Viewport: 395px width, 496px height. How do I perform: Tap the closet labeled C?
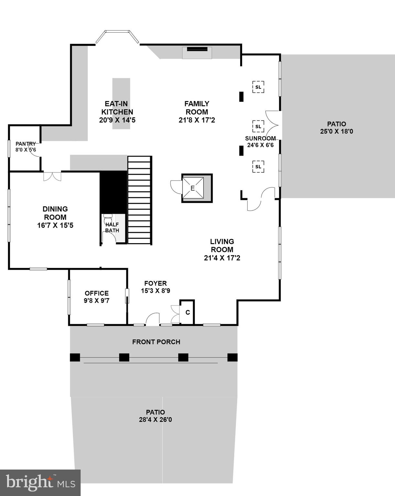tap(187, 313)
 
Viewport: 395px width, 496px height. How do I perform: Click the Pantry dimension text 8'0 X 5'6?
tap(26, 150)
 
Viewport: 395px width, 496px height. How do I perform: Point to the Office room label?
tap(97, 293)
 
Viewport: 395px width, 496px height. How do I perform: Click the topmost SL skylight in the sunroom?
tap(258, 87)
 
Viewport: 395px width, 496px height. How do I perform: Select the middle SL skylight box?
tap(258, 126)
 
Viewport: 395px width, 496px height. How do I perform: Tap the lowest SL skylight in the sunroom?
tap(258, 167)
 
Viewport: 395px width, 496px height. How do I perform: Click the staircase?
tap(140, 200)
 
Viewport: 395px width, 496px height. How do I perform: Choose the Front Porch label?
tap(156, 342)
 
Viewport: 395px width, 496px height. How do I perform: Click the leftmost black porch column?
tap(75, 357)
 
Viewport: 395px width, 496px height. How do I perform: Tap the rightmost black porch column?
tap(232, 357)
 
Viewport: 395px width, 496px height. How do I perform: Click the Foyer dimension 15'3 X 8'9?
tap(155, 291)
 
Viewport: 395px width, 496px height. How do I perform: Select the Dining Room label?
tap(55, 213)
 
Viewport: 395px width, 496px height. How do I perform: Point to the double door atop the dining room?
tap(52, 176)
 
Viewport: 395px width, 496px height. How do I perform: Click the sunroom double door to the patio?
tap(273, 125)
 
